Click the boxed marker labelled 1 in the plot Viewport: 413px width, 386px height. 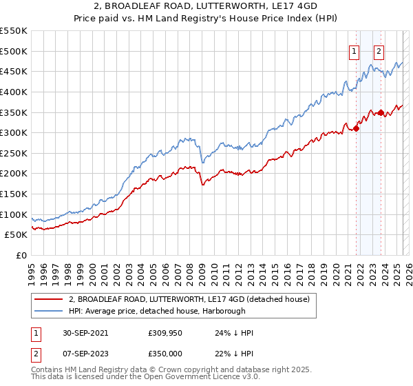pos(354,50)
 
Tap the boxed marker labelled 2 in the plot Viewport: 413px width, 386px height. pos(379,50)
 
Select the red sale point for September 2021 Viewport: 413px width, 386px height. pos(357,128)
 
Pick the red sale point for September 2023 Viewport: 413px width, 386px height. pos(381,112)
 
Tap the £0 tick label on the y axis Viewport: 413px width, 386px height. pos(21,255)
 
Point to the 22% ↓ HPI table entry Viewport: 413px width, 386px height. pos(234,354)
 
